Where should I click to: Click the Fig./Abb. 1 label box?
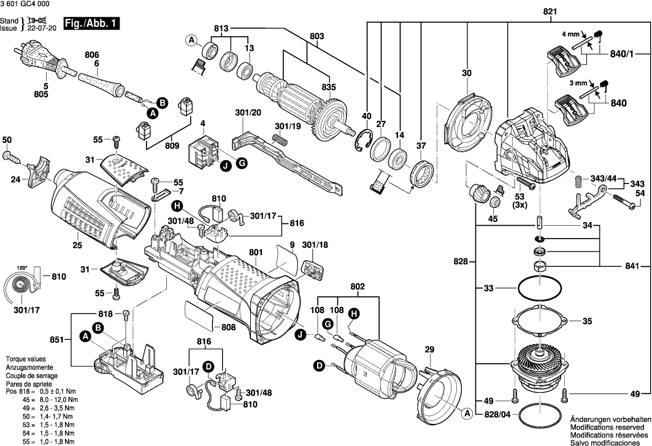click(x=93, y=25)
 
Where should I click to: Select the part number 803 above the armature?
click(x=316, y=37)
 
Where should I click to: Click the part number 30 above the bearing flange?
click(x=467, y=74)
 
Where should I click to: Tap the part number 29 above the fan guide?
click(x=429, y=350)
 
